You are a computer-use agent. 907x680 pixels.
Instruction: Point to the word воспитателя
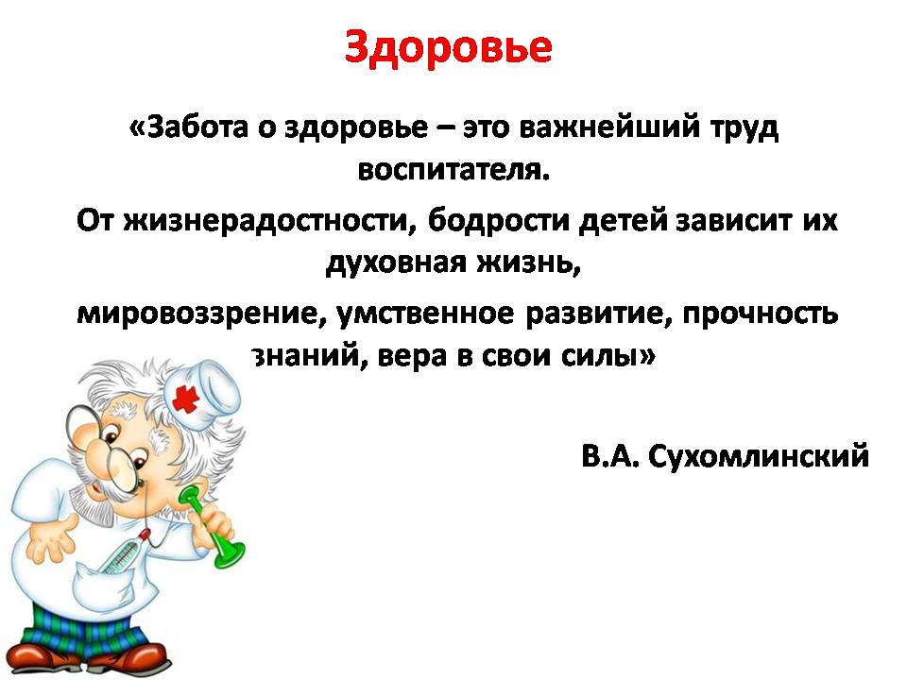(x=453, y=171)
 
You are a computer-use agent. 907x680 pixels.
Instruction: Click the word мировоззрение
(x=198, y=314)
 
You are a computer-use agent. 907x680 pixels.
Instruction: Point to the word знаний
(x=309, y=356)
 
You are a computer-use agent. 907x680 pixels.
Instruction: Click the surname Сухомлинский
(x=759, y=456)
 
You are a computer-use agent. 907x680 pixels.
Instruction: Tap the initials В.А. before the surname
(x=610, y=455)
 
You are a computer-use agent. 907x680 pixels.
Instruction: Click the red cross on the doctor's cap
(x=186, y=399)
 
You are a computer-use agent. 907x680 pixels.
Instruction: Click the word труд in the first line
(x=745, y=128)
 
